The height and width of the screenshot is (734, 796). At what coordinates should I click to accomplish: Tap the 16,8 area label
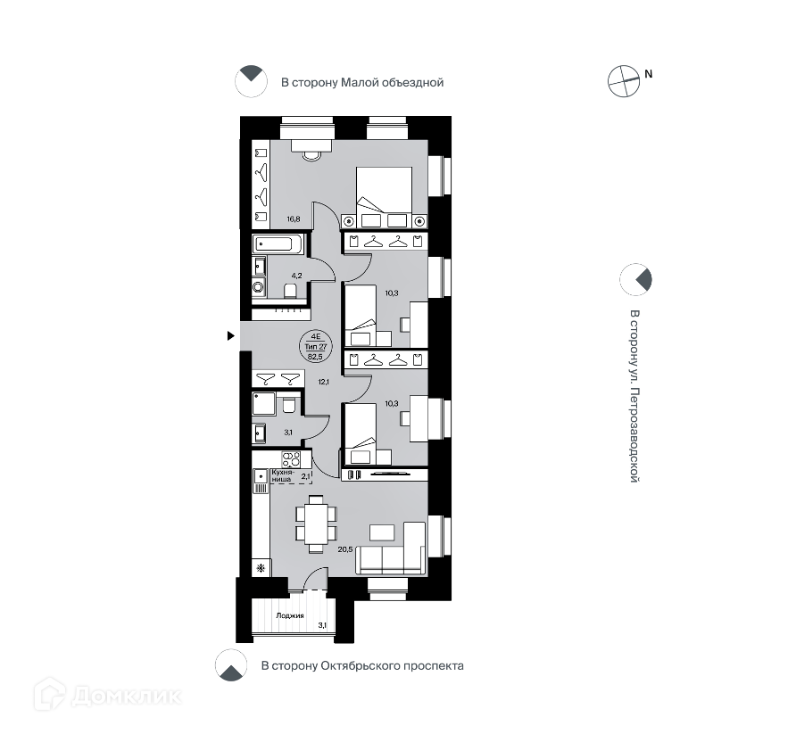pyautogui.click(x=293, y=217)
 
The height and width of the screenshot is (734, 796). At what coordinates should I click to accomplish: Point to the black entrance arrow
pyautogui.click(x=231, y=335)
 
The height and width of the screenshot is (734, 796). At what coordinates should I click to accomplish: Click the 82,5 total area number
pyautogui.click(x=315, y=355)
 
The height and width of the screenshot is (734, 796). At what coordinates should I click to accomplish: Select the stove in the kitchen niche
pyautogui.click(x=293, y=460)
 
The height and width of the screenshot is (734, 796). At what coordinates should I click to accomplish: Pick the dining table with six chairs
pyautogui.click(x=315, y=524)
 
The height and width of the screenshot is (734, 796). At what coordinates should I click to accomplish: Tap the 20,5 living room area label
pyautogui.click(x=345, y=548)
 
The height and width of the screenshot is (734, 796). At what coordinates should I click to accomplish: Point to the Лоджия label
pyautogui.click(x=290, y=615)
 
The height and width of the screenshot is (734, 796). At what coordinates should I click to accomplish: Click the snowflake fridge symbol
pyautogui.click(x=261, y=567)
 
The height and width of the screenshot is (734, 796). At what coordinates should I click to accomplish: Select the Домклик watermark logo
pyautogui.click(x=107, y=693)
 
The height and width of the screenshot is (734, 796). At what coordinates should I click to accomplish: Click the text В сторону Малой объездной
pyautogui.click(x=361, y=83)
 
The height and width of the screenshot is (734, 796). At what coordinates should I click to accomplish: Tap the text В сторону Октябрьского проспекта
pyautogui.click(x=361, y=665)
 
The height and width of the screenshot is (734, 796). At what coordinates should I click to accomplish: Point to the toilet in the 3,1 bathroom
pyautogui.click(x=288, y=406)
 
